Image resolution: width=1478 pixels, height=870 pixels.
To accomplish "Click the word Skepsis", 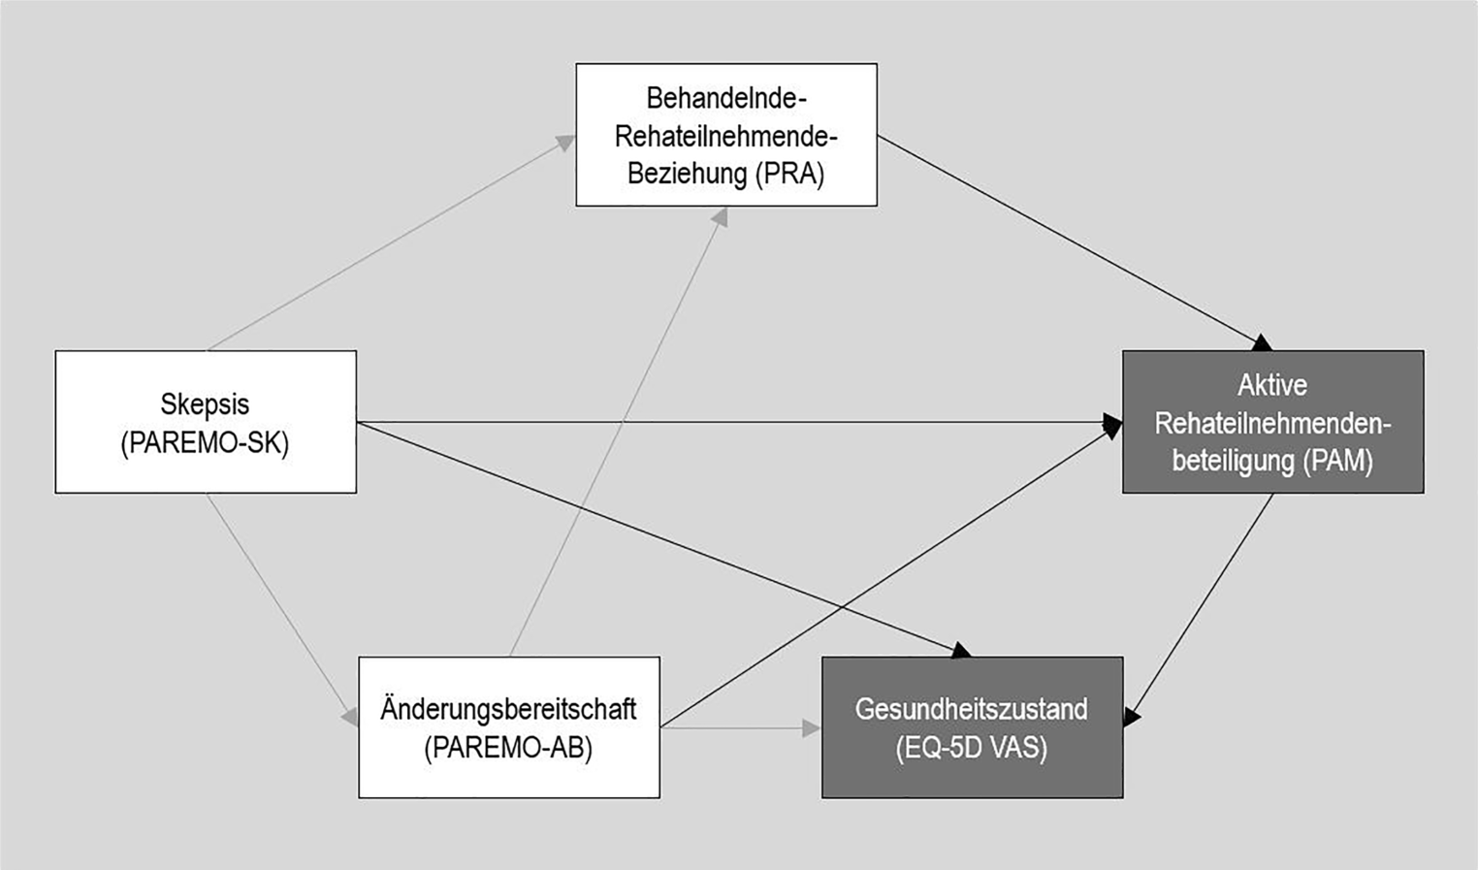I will [205, 403].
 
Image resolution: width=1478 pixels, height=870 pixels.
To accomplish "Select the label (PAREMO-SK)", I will [205, 443].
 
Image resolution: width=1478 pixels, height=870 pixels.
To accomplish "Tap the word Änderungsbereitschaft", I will [508, 709].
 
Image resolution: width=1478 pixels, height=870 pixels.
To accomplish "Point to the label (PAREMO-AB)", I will [508, 749].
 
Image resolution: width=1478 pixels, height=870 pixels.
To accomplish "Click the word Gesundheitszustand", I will [971, 709].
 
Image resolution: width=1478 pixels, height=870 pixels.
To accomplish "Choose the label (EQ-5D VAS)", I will [971, 749].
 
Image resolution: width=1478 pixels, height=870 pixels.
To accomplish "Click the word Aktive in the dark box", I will [1271, 385].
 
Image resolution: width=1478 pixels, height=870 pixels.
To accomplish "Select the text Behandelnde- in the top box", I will [726, 98].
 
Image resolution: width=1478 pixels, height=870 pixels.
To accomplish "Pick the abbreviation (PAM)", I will [1339, 461].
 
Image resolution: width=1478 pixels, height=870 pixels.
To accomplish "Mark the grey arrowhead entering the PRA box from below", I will [719, 217].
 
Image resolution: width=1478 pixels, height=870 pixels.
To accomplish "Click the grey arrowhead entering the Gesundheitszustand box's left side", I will [812, 727].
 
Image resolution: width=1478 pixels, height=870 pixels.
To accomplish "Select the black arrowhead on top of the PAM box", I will [1261, 342].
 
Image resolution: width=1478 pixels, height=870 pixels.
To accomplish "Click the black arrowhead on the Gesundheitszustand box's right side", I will [1132, 716].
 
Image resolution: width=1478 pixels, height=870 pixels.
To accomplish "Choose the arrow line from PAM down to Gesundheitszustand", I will [1203, 606].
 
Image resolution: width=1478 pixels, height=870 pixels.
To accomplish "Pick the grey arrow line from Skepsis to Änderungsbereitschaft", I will [276, 606].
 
